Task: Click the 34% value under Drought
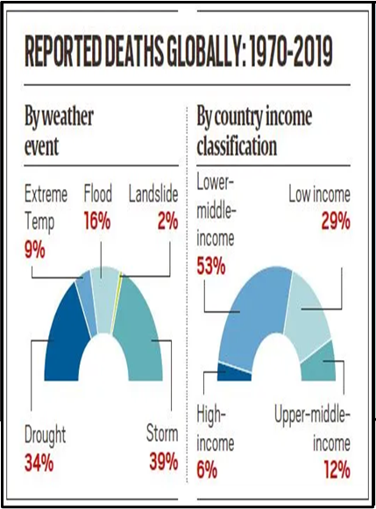39,463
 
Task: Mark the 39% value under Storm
164,462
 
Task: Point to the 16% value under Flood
97,222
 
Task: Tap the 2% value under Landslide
168,222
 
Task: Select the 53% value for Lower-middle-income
211,267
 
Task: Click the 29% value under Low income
336,222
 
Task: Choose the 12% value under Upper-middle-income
337,470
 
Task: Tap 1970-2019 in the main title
289,53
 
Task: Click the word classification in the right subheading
237,146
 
